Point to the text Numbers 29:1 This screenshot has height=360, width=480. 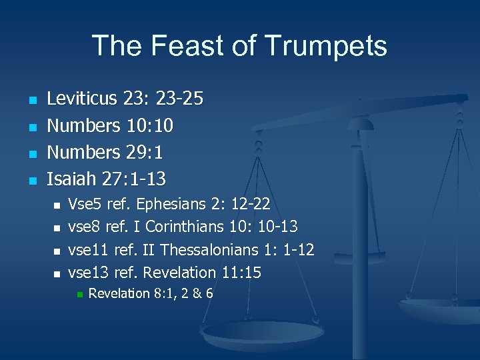[104, 153]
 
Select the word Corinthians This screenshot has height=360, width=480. [184, 227]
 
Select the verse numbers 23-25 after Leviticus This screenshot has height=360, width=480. [179, 99]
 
